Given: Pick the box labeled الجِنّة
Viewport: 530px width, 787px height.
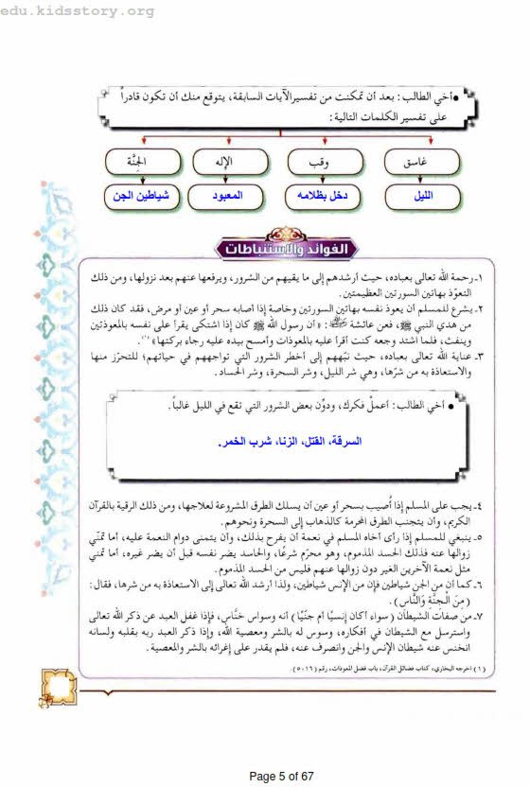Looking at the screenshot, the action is coord(135,162).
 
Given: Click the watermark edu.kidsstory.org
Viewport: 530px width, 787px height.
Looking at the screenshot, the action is coord(78,11).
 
